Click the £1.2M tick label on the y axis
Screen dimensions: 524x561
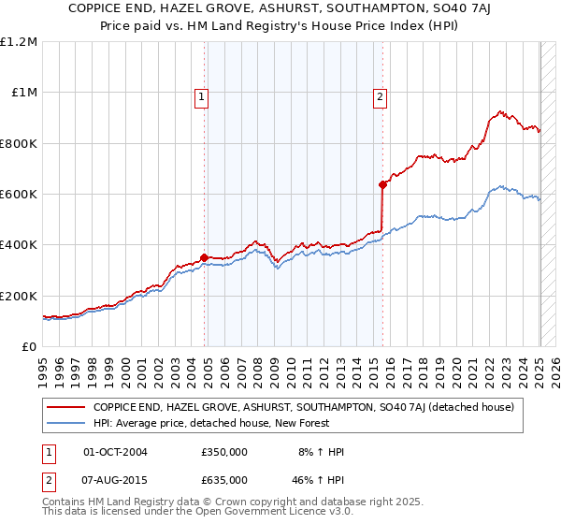19,42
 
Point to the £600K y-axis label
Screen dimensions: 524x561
19,195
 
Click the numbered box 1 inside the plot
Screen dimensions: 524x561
202,95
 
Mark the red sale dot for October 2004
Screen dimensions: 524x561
204,257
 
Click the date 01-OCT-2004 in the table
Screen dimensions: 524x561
115,452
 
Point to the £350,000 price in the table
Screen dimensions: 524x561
223,452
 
